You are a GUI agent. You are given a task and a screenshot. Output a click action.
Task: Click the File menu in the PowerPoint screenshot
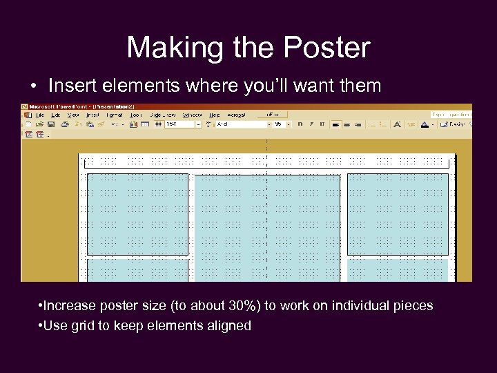click(x=39, y=115)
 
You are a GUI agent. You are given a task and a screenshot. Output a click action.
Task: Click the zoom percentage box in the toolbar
click(x=177, y=124)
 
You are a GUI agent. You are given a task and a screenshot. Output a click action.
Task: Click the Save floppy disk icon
click(x=51, y=124)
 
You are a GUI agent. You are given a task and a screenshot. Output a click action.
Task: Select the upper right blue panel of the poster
click(x=398, y=214)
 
